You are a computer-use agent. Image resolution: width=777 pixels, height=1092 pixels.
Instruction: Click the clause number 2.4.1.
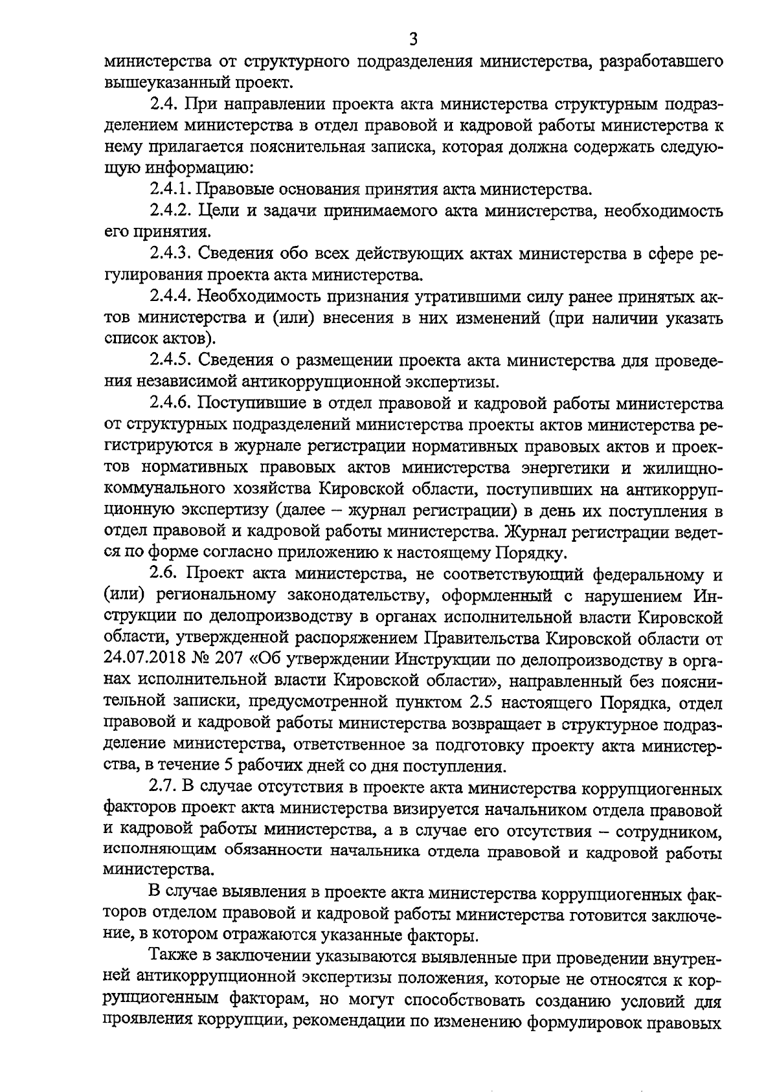point(170,190)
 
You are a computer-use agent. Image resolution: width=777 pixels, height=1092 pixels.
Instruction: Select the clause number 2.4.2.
point(170,211)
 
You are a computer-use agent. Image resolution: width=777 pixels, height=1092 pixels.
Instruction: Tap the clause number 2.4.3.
point(170,254)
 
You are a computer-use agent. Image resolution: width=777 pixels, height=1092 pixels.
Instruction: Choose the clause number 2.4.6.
point(170,403)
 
